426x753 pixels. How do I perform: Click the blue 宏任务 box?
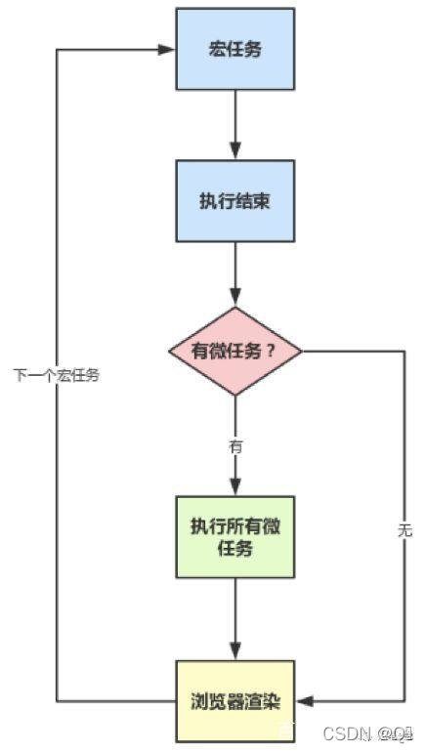tap(234, 48)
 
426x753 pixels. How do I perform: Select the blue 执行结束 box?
tap(234, 201)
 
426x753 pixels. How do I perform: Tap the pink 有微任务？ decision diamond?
tap(234, 351)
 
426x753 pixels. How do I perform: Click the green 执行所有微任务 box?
tap(234, 537)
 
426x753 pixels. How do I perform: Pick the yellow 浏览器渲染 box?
tap(234, 700)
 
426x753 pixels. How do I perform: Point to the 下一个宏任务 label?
tap(56, 375)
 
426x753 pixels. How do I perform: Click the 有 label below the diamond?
tap(235, 445)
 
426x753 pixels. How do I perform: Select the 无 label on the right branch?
tap(405, 530)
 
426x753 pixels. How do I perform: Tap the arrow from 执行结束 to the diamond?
tap(234, 273)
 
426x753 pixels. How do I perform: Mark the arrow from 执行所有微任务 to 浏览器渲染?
tap(234, 620)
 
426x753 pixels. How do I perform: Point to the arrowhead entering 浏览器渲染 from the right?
tap(302, 700)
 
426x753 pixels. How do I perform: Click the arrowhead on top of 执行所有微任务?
tap(234, 488)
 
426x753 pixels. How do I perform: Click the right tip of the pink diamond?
tap(302, 351)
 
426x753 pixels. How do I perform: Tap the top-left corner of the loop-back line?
tap(57, 49)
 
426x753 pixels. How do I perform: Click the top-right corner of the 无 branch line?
tap(405, 351)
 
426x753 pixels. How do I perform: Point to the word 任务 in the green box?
tap(234, 549)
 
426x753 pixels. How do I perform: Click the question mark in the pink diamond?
tap(271, 351)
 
